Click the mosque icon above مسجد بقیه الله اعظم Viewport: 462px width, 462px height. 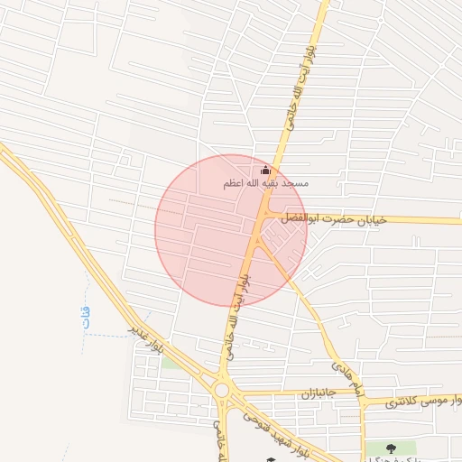(265, 171)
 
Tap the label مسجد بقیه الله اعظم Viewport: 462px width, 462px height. (266, 184)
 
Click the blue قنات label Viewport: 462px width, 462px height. (86, 317)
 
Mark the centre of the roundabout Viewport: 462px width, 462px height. (221, 391)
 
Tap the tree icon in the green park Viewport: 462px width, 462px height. (391, 448)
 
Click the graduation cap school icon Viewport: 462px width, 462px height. (269, 460)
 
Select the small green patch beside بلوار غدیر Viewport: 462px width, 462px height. (171, 362)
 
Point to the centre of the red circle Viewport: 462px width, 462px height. (231, 230)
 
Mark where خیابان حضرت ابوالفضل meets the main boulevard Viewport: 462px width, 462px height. (263, 214)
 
